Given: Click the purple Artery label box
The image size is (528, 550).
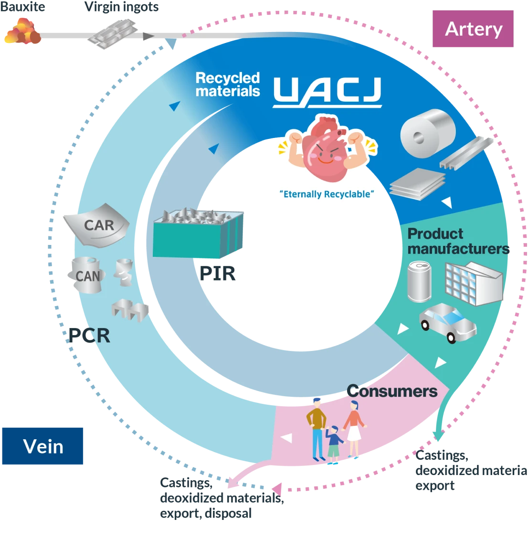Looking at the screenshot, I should [x=473, y=29].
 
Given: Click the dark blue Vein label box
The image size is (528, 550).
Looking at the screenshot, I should [x=42, y=446].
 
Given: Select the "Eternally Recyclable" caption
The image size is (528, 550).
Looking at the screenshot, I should [x=326, y=194].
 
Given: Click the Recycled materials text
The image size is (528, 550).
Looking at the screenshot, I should [x=227, y=85].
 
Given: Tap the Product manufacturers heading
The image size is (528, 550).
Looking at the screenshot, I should [x=457, y=241].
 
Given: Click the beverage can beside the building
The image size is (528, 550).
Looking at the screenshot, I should [x=419, y=282].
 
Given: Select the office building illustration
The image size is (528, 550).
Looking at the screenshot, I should [x=473, y=283].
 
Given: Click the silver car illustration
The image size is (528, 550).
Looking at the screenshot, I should [x=447, y=322].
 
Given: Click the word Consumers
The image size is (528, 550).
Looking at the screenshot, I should [x=392, y=391].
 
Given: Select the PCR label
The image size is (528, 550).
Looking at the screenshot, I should [x=89, y=335].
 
